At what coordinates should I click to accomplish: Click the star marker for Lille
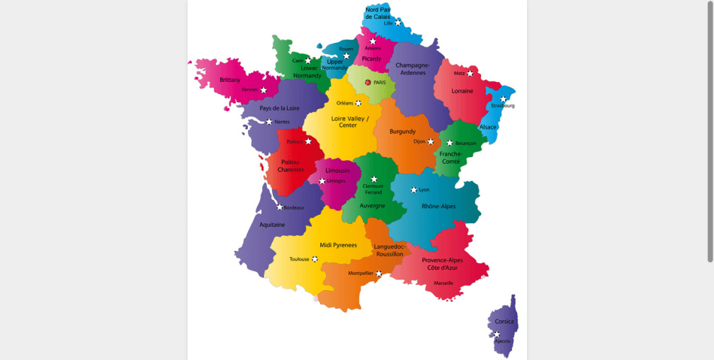point(398,23)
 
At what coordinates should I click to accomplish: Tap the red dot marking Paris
point(368,83)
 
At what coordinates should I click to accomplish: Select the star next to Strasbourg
point(504,99)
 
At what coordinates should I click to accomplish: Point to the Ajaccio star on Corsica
point(497,334)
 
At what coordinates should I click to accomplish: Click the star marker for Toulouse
point(315,259)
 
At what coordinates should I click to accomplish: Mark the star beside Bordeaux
point(280,207)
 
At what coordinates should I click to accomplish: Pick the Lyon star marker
point(413,189)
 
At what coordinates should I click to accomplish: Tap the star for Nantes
point(269,121)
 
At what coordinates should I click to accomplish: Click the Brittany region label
point(230,80)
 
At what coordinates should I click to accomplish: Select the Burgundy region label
point(403,132)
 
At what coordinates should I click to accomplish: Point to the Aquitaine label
point(272,224)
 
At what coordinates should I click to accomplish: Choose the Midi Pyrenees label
point(338,245)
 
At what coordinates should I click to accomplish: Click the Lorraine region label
point(462,91)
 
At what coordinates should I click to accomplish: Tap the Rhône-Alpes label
point(438,206)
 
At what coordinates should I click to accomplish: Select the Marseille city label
point(443,283)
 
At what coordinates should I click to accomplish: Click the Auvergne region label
point(372,205)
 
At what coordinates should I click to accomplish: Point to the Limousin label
point(337,171)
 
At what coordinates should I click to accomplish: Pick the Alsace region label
point(488,127)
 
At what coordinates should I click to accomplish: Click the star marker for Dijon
point(431,141)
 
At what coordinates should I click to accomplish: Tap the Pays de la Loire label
point(280,108)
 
